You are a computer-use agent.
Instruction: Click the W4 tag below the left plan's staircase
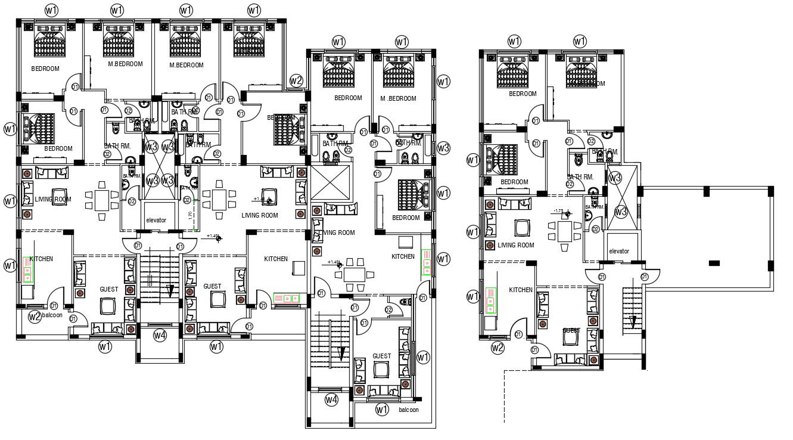pyautogui.click(x=159, y=336)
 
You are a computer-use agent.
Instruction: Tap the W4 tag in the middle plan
pyautogui.click(x=331, y=399)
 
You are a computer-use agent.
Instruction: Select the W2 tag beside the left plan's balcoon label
pyautogui.click(x=34, y=316)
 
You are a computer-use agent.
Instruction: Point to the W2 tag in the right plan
pyautogui.click(x=497, y=348)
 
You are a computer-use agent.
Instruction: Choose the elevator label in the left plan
pyautogui.click(x=156, y=220)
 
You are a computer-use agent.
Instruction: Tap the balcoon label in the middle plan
pyautogui.click(x=408, y=410)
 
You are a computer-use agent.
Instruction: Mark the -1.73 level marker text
pyautogui.click(x=558, y=211)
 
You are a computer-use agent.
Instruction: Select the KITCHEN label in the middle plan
pyautogui.click(x=403, y=256)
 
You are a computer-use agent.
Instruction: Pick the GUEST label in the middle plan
pyautogui.click(x=381, y=356)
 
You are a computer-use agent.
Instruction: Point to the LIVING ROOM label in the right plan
pyautogui.click(x=516, y=245)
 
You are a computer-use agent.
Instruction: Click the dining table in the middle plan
pyautogui.click(x=355, y=275)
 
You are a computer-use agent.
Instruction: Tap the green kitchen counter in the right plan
pyautogui.click(x=490, y=300)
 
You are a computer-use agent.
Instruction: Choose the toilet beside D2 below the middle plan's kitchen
pyautogui.click(x=407, y=302)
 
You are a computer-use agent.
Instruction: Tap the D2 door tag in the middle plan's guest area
pyautogui.click(x=388, y=309)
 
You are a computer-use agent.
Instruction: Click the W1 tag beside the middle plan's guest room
pyautogui.click(x=422, y=358)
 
